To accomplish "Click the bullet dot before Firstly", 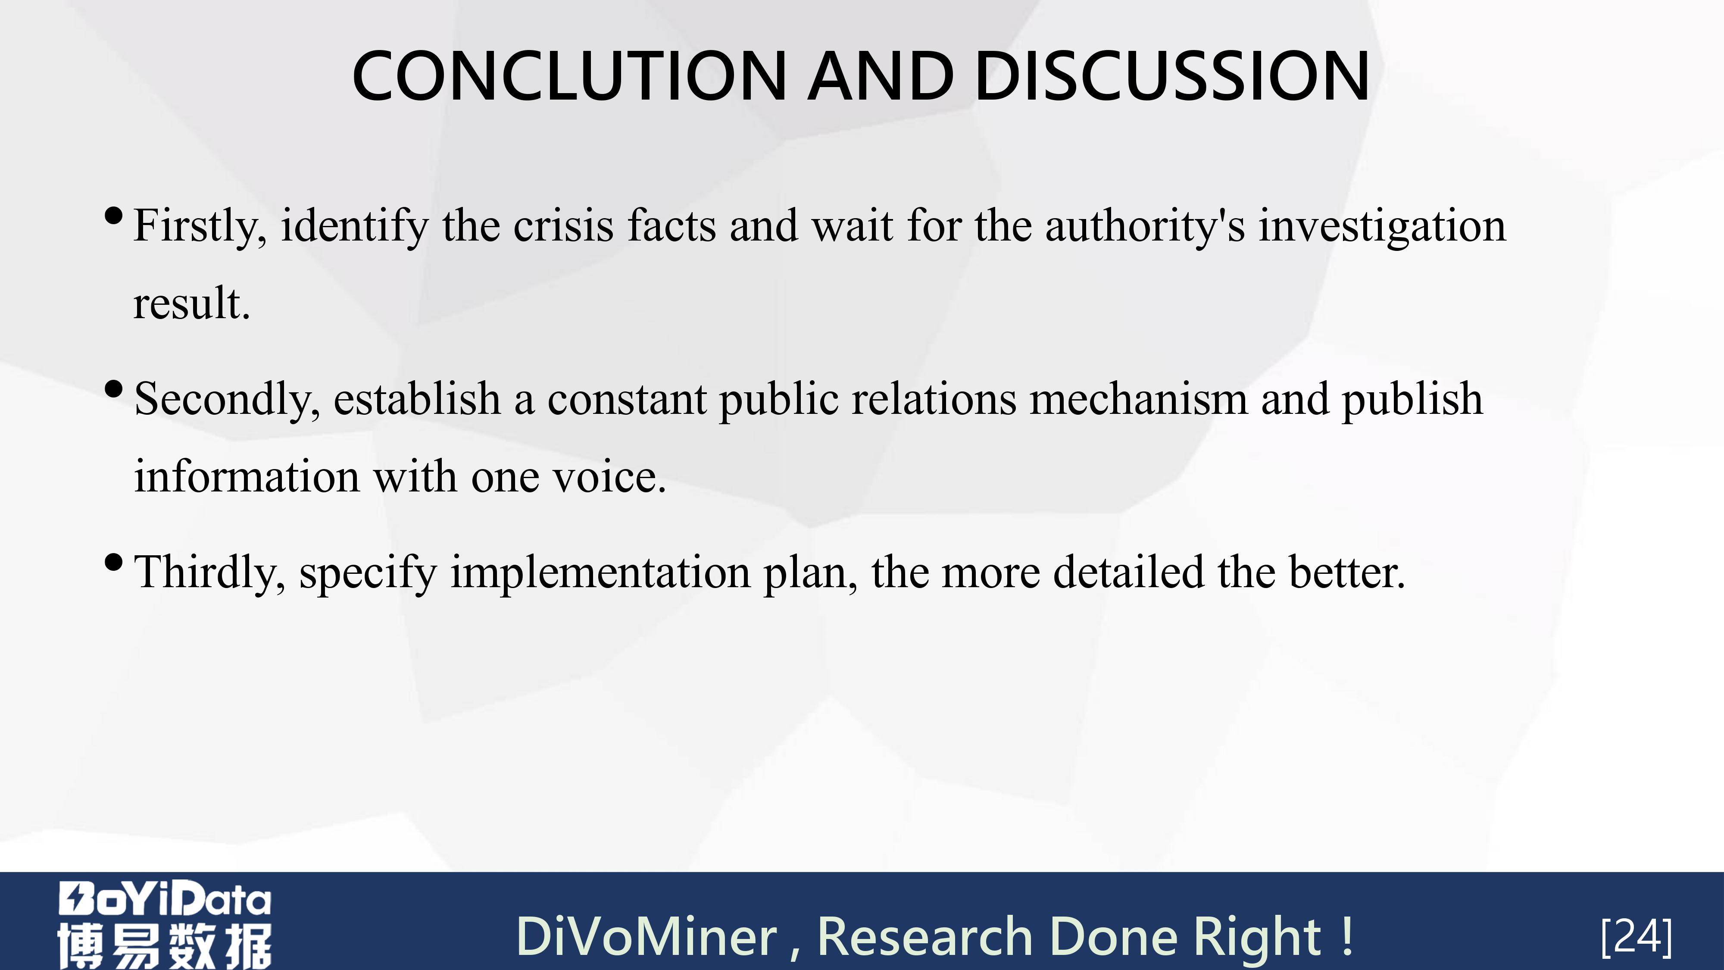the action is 114,216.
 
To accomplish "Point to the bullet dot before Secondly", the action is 114,389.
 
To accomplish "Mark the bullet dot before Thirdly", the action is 114,562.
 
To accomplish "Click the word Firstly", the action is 200,227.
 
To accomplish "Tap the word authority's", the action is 1145,227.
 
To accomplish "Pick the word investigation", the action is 1383,227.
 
